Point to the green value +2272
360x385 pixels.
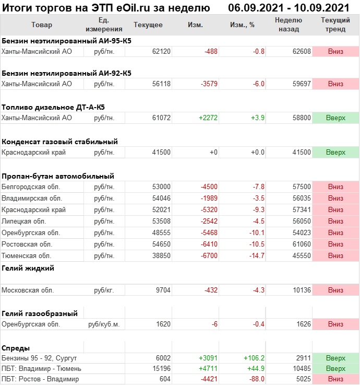208,118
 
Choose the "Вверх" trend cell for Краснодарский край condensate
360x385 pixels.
335,153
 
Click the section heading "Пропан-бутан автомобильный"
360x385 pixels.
58,176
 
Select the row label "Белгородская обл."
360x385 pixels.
31,187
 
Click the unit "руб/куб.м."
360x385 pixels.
104,324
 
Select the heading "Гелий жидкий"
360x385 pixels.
28,268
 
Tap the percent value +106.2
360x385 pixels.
254,358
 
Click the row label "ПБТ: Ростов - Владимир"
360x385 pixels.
40,379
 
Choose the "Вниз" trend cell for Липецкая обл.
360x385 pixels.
335,221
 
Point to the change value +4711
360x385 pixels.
208,369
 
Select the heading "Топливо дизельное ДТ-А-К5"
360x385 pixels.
53,107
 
